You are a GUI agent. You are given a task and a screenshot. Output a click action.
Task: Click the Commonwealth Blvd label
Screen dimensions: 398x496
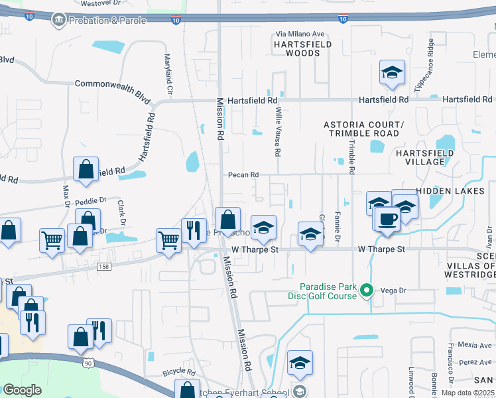113,84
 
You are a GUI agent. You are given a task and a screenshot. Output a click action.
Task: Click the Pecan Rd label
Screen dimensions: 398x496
243,175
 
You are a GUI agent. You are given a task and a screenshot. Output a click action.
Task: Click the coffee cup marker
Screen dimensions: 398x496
387,219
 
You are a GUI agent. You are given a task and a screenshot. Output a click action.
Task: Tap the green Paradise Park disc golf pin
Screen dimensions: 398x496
364,289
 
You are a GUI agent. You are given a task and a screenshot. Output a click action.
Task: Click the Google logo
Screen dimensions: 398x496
23,390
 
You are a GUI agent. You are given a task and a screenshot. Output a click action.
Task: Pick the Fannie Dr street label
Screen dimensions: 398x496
338,226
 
